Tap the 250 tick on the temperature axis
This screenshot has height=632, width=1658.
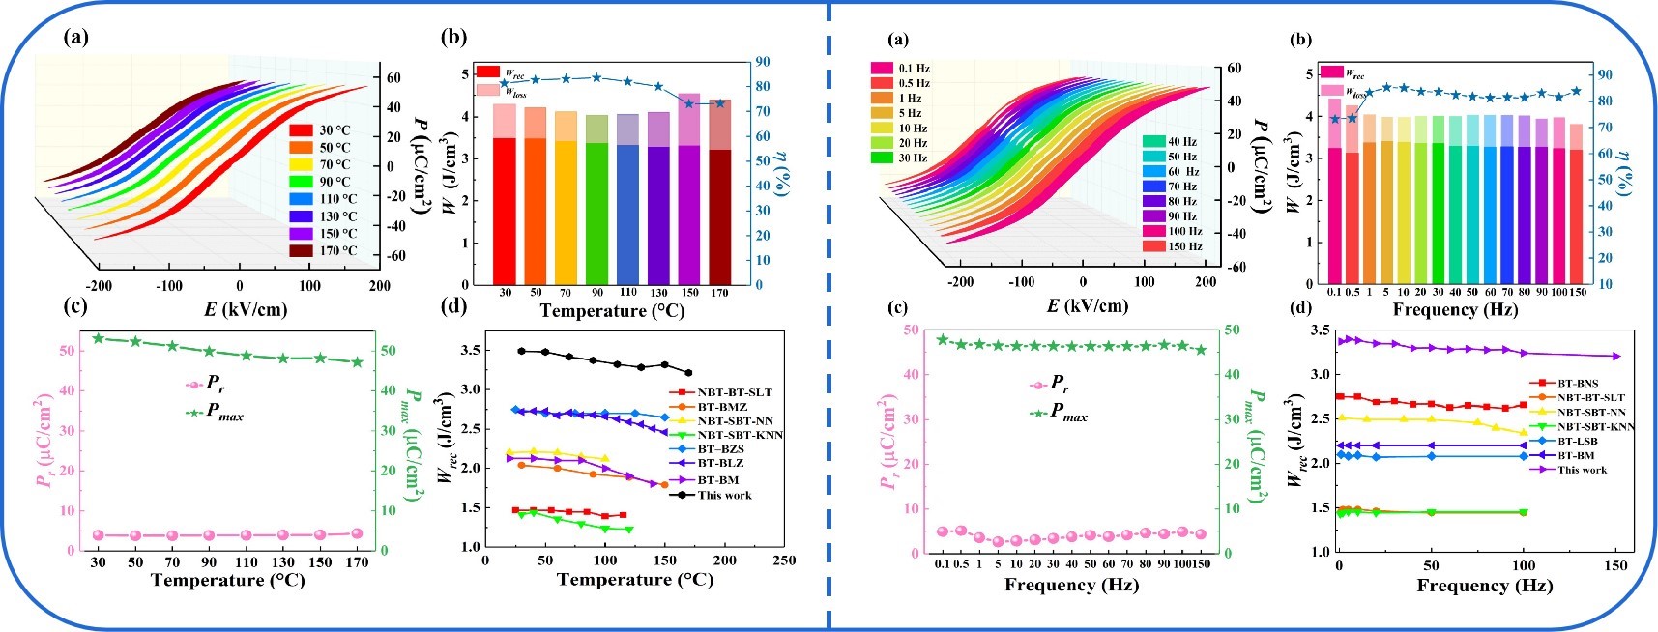click(x=784, y=560)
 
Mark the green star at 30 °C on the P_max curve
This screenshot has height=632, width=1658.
click(x=98, y=339)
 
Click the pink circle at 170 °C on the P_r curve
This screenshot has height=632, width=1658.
click(x=357, y=533)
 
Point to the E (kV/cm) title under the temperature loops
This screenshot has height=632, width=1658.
click(x=245, y=309)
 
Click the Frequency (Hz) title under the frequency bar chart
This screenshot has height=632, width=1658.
click(x=1455, y=309)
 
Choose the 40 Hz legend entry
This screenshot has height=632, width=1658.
click(x=1171, y=141)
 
